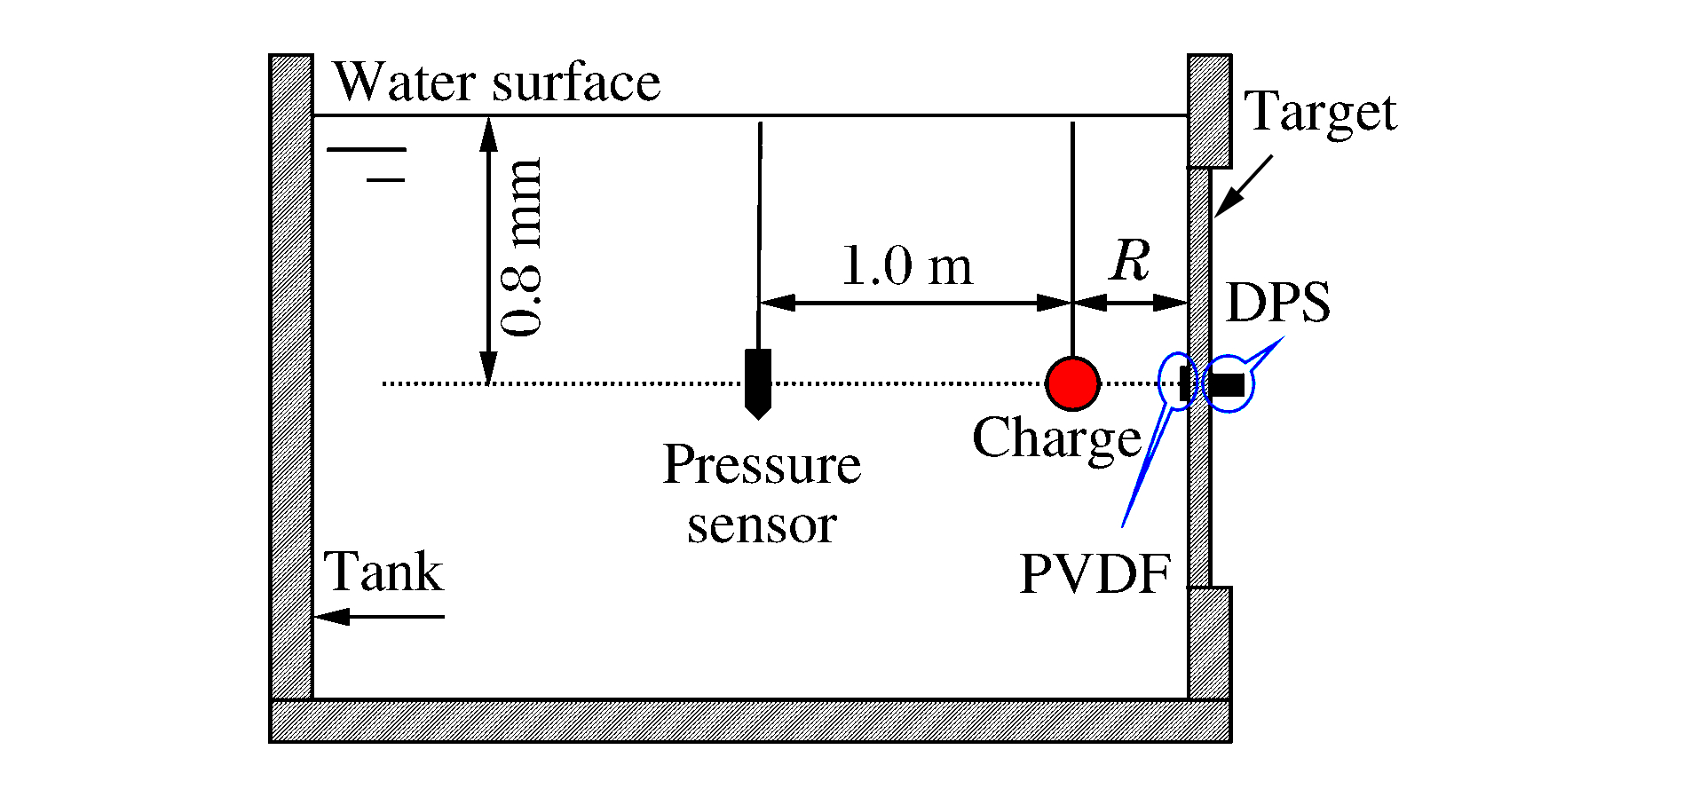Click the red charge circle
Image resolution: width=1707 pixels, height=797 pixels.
tap(1072, 383)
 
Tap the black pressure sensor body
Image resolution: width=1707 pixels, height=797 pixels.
tap(757, 380)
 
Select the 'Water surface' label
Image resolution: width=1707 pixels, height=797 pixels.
tap(496, 83)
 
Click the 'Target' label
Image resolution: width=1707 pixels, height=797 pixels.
tap(1320, 113)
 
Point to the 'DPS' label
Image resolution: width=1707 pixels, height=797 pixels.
tap(1277, 302)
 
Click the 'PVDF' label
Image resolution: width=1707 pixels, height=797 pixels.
tap(1095, 574)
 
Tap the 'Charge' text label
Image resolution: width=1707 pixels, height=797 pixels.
tap(1056, 438)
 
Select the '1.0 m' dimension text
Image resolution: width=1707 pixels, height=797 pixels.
tap(905, 265)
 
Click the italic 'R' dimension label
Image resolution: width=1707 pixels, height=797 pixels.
tap(1129, 261)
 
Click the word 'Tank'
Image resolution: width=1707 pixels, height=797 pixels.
tap(383, 571)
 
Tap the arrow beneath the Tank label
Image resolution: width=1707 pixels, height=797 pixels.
tap(379, 616)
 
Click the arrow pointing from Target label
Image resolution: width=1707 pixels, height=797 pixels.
tap(1243, 185)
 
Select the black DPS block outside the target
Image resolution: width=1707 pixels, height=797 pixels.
tap(1228, 384)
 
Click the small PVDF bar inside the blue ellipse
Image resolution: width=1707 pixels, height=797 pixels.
tap(1183, 383)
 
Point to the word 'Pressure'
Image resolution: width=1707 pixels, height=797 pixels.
tap(762, 464)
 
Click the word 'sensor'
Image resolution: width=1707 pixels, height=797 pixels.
tap(762, 525)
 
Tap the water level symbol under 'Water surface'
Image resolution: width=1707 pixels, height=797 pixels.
tap(367, 164)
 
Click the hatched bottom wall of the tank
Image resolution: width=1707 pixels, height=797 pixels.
tap(749, 720)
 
